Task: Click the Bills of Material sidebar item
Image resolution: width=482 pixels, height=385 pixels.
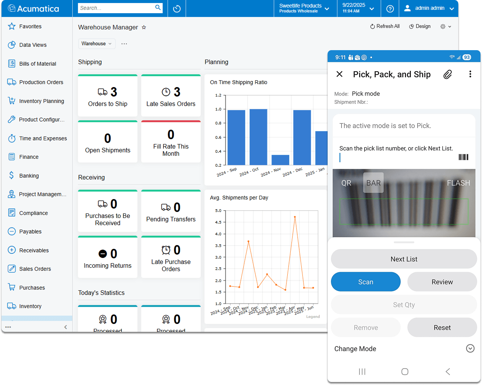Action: pos(37,64)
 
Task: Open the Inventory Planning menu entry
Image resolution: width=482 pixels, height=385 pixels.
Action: pos(41,101)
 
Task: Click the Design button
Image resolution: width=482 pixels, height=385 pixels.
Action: pos(420,26)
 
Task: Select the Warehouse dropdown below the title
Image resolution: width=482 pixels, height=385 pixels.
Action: pos(97,44)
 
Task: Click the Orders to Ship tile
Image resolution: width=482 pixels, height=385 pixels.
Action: pos(108,96)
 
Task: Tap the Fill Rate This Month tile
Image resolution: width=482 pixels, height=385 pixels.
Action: pos(171,142)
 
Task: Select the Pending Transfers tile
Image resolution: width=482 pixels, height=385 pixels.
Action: pos(171,212)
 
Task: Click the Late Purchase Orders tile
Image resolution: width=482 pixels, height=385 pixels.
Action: pos(171,258)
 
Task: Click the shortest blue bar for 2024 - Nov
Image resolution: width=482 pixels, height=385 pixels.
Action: pos(280,160)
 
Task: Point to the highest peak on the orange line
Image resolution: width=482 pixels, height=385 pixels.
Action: pos(295,217)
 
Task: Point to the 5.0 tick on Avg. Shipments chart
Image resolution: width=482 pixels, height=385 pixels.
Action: pos(218,211)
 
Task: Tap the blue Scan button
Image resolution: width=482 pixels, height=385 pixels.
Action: pos(365,282)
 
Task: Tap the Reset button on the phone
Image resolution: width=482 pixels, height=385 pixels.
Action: pos(442,328)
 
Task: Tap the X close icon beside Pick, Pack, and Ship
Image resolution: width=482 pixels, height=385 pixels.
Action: pos(339,74)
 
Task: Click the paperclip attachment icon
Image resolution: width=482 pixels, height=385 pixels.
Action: pos(447,74)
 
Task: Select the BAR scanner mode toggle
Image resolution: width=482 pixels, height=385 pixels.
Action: pos(373,183)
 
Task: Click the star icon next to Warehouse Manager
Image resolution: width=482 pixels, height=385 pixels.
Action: pos(144,28)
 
